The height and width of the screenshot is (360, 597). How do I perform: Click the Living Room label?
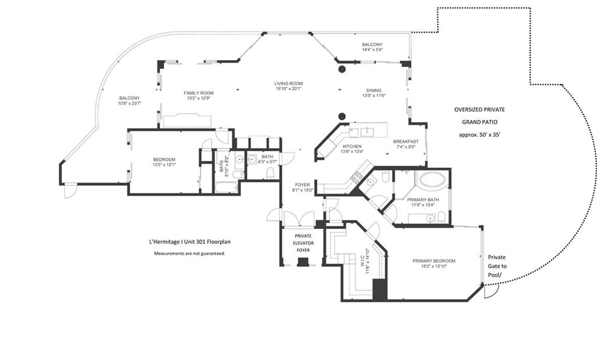pyautogui.click(x=289, y=83)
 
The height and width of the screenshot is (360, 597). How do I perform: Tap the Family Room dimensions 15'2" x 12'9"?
pyautogui.click(x=199, y=98)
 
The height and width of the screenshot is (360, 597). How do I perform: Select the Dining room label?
pyautogui.click(x=374, y=90)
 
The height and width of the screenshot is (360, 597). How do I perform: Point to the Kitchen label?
pyautogui.click(x=352, y=146)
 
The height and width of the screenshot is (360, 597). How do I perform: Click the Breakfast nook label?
pyautogui.click(x=406, y=142)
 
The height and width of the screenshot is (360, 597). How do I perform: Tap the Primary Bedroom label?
pyautogui.click(x=434, y=261)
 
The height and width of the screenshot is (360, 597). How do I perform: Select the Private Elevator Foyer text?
pyautogui.click(x=303, y=243)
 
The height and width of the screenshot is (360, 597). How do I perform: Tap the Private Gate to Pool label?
pyautogui.click(x=497, y=266)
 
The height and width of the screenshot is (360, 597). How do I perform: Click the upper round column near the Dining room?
pyautogui.click(x=342, y=69)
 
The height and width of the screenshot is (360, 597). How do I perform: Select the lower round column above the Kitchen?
pyautogui.click(x=342, y=116)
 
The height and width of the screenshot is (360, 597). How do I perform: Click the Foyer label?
pyautogui.click(x=303, y=185)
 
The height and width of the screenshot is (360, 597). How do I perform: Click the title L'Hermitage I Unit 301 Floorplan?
pyautogui.click(x=189, y=242)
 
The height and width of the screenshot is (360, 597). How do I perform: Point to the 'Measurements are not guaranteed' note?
pyautogui.click(x=189, y=253)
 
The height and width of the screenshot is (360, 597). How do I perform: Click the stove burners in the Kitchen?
pyautogui.click(x=357, y=177)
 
